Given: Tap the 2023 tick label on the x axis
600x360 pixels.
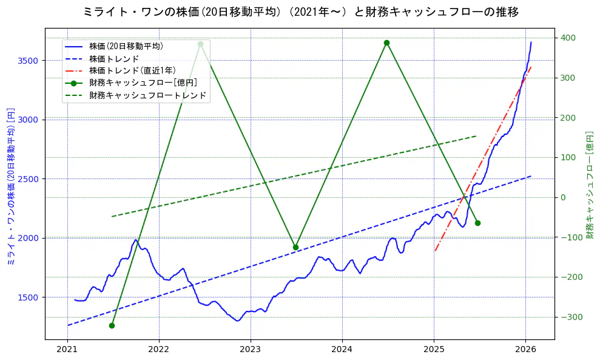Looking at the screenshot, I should click(251, 350).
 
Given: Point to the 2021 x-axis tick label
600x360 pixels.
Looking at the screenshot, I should click(67, 350).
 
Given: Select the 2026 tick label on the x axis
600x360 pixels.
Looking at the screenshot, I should click(525, 350).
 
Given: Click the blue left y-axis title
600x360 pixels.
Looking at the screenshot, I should click(11, 186).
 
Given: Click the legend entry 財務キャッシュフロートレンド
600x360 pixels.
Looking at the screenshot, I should click(147, 95).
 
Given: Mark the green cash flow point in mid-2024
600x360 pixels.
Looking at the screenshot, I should click(386, 42).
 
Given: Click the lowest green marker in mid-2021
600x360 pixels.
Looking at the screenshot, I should click(112, 325).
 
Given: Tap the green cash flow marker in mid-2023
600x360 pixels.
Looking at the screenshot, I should click(295, 247).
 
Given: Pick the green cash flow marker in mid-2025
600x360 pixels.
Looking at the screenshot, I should click(477, 223).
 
